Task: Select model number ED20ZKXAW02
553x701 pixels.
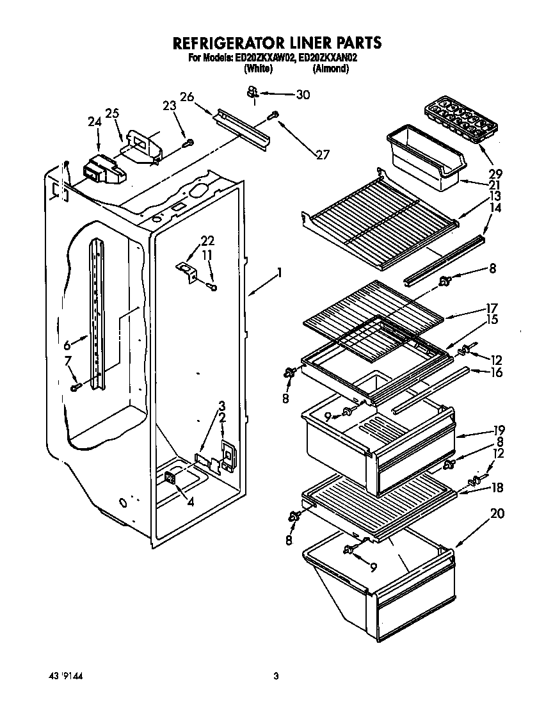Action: click(264, 58)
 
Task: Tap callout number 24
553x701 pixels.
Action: click(95, 122)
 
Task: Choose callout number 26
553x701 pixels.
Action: click(186, 97)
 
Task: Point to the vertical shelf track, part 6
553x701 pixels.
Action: click(97, 314)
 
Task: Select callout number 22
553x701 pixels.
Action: click(207, 241)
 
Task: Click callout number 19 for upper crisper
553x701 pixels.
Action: click(499, 430)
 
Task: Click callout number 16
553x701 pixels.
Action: click(496, 373)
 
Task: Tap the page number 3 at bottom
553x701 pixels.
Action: click(276, 675)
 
